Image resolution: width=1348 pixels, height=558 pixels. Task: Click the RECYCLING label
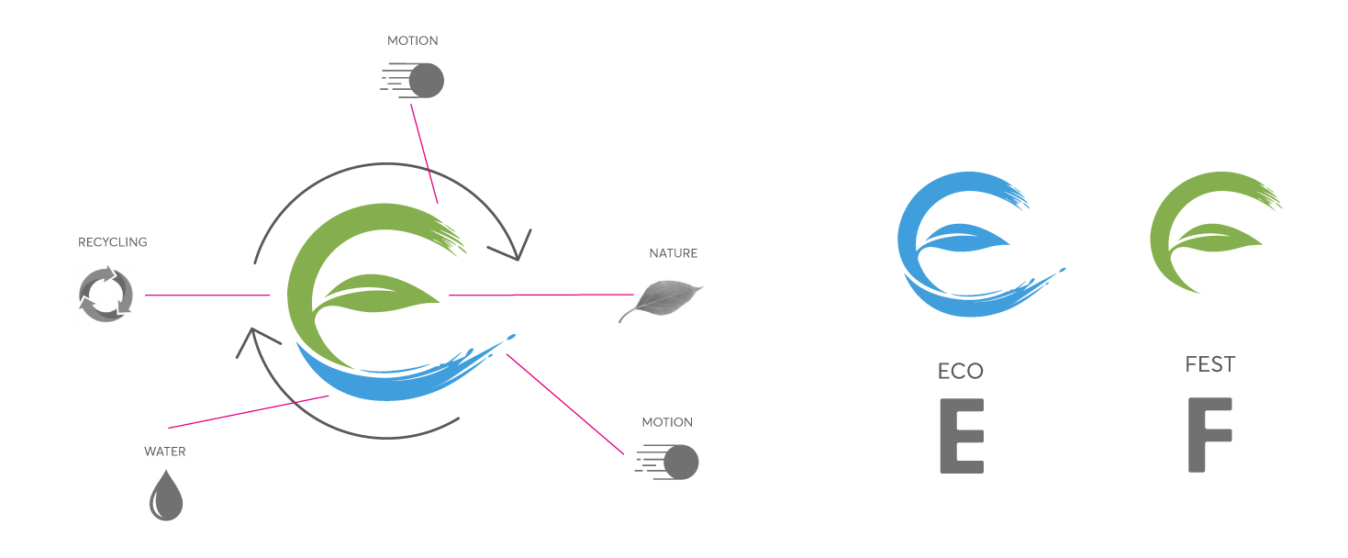click(x=112, y=242)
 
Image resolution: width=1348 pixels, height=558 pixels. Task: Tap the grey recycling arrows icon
click(x=106, y=295)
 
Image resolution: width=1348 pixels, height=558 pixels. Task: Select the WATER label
click(x=165, y=452)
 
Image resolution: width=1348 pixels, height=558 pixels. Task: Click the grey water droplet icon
click(x=166, y=497)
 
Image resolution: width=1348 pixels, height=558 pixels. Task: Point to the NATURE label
click(x=674, y=253)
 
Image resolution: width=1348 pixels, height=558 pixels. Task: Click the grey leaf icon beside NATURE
click(x=661, y=299)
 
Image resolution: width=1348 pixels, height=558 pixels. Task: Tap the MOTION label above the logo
click(x=412, y=41)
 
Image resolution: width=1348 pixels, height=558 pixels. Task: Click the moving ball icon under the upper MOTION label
click(x=424, y=81)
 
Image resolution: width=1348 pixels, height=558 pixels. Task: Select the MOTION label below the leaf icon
click(x=667, y=422)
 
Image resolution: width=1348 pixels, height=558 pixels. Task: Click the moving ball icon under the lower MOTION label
click(x=679, y=462)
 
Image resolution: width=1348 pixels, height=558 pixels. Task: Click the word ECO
click(x=961, y=371)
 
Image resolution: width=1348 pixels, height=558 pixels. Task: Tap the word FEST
click(x=1210, y=364)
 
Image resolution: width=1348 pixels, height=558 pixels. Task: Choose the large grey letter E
click(x=962, y=436)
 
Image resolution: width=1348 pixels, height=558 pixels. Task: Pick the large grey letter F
click(x=1209, y=435)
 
